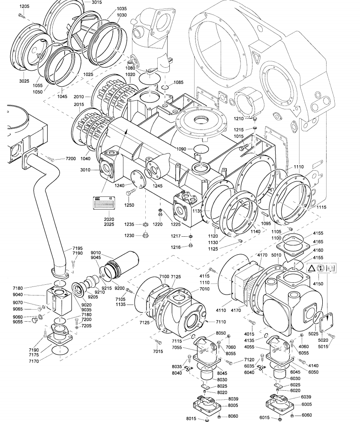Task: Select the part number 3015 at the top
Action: point(97,2)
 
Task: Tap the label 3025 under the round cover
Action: point(24,81)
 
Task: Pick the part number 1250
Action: point(129,205)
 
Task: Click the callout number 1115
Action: point(321,207)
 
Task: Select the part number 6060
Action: point(306,415)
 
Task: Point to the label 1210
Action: point(239,118)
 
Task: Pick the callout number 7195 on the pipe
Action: point(78,249)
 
